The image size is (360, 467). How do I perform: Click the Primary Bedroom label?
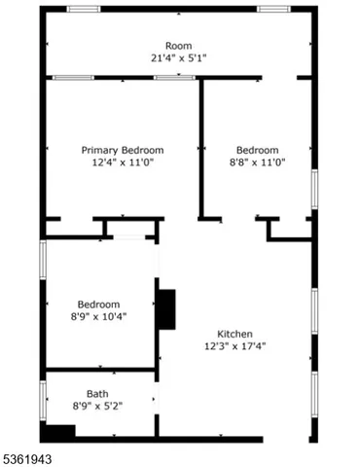tap(122, 150)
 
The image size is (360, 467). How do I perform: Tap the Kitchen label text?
tap(234, 332)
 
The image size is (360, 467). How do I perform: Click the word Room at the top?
tap(178, 46)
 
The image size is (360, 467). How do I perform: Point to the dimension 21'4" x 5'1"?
tap(178, 58)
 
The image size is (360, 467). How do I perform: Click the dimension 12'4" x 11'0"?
tap(122, 163)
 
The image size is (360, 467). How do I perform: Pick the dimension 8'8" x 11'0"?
tap(257, 163)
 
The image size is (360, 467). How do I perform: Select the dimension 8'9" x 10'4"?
tap(98, 315)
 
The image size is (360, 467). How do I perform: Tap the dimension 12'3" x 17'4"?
tap(234, 345)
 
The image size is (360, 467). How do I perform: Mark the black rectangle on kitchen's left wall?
tap(166, 309)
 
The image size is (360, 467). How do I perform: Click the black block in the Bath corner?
tap(58, 432)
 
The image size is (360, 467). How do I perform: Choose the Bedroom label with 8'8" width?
tap(257, 150)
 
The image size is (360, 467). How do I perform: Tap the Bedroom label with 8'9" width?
tap(98, 303)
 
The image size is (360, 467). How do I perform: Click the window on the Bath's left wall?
tap(42, 400)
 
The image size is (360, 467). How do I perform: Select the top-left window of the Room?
tap(84, 9)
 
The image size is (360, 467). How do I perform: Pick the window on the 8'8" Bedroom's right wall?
tap(314, 188)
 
